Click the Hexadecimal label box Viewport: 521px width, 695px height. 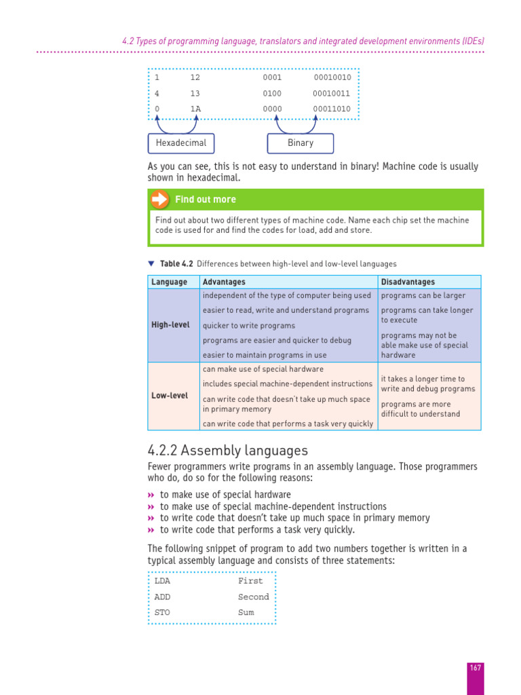click(x=181, y=143)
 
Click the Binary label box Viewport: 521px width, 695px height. click(x=300, y=143)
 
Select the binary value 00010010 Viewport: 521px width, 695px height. click(x=332, y=77)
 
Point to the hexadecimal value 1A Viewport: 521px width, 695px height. click(x=195, y=109)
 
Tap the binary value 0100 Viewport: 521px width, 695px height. click(x=272, y=94)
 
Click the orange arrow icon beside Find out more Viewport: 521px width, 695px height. click(x=159, y=199)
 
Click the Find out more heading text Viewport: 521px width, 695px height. click(x=206, y=200)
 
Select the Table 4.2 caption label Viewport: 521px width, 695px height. click(x=176, y=263)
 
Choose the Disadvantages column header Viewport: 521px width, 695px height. click(x=408, y=282)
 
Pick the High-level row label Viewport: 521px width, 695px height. click(x=170, y=325)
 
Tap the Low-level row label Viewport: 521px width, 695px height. click(x=170, y=396)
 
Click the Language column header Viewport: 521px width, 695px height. click(x=170, y=282)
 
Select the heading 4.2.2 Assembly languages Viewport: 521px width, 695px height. click(x=227, y=451)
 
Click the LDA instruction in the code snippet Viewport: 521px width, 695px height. click(x=162, y=581)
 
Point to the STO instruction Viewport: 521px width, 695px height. click(x=162, y=613)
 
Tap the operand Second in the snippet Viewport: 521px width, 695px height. click(x=253, y=597)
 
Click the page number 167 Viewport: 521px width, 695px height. click(x=475, y=669)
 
